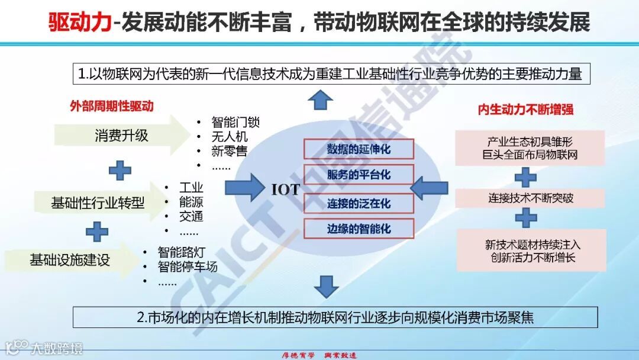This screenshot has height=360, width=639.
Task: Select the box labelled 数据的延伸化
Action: click(x=359, y=149)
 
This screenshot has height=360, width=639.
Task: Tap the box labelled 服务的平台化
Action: click(x=359, y=175)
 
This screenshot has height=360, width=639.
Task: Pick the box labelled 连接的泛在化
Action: click(x=359, y=203)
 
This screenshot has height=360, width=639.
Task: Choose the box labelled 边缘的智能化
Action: click(x=359, y=229)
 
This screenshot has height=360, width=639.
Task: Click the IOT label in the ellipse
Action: click(x=286, y=189)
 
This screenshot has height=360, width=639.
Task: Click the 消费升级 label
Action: click(x=121, y=136)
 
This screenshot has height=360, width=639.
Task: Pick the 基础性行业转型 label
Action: click(x=98, y=203)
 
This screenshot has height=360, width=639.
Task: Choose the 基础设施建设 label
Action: click(x=70, y=259)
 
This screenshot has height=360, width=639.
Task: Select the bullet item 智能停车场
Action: click(x=188, y=266)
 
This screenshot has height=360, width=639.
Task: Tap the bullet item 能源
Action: click(x=191, y=202)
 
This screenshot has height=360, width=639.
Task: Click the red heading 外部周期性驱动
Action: click(x=111, y=107)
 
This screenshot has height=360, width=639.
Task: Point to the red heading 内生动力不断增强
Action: click(x=525, y=110)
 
